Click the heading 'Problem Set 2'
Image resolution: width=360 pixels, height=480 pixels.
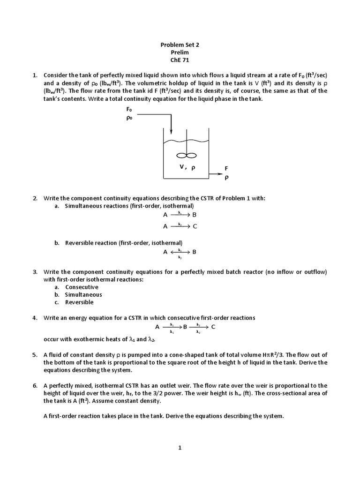[x=180, y=45]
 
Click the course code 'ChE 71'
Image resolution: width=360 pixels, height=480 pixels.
[x=180, y=60]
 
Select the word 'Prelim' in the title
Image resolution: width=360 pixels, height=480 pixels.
[x=180, y=53]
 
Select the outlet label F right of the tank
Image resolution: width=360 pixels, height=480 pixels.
[x=226, y=168]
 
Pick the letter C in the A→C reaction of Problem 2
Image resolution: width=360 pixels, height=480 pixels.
[x=195, y=226]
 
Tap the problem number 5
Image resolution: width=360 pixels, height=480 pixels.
[x=35, y=355]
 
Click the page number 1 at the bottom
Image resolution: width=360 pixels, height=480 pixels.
[x=180, y=448]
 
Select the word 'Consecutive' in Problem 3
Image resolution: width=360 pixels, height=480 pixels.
[x=82, y=287]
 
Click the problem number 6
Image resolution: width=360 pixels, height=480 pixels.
[x=35, y=385]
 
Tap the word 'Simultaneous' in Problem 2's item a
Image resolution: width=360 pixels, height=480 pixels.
[x=84, y=206]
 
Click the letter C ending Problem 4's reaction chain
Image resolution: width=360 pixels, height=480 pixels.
[x=213, y=327]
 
